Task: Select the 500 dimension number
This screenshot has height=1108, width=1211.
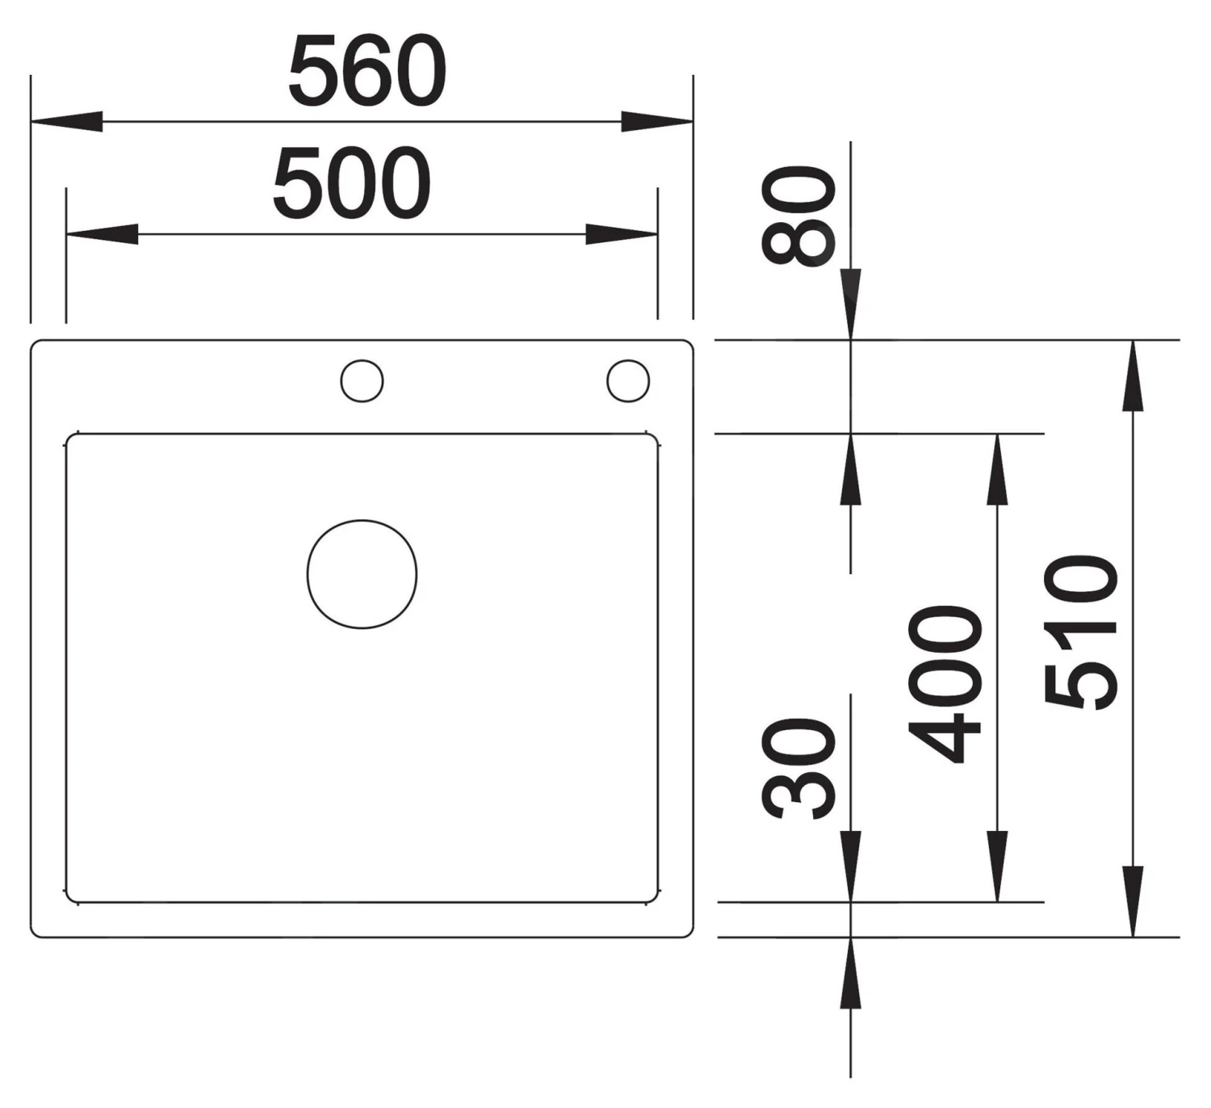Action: (352, 183)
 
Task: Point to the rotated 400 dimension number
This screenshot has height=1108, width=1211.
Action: (945, 685)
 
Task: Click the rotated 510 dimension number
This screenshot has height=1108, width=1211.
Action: (1081, 632)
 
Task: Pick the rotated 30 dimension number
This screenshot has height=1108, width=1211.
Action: (798, 768)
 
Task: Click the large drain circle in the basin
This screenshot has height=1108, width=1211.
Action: (362, 574)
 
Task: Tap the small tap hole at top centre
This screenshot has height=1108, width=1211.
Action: (362, 380)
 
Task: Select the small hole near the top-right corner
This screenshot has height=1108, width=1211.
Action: (628, 380)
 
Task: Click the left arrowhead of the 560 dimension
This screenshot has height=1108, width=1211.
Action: (66, 121)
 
